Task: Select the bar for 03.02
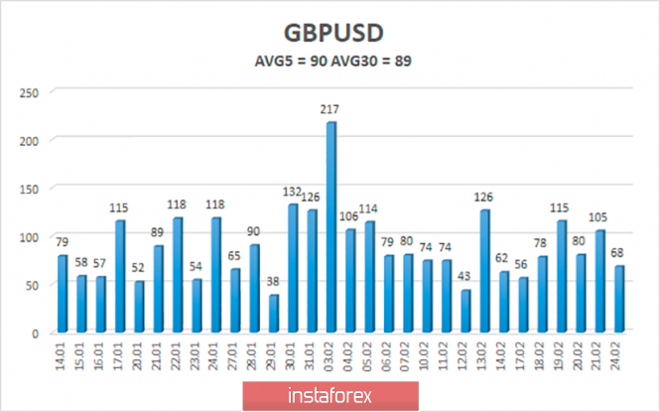point(330,228)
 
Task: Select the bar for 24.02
point(618,299)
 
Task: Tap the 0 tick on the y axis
point(33,334)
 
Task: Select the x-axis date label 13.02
point(484,355)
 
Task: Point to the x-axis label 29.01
point(273,355)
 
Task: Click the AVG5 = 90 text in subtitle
point(285,61)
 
